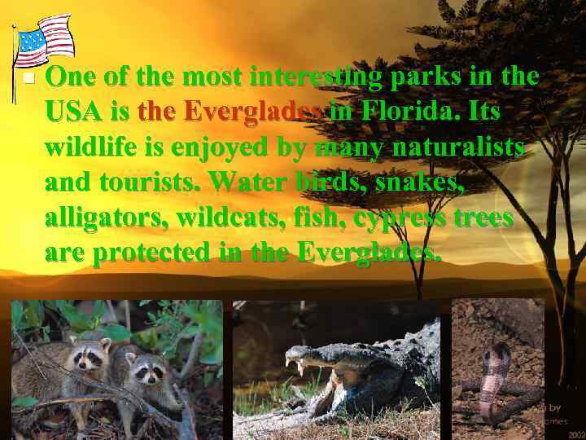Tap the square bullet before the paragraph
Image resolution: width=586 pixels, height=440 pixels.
coord(28,79)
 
